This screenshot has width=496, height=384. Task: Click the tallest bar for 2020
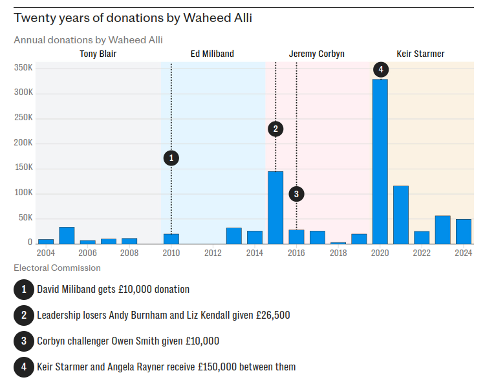(x=380, y=161)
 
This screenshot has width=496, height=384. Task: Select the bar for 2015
(x=275, y=207)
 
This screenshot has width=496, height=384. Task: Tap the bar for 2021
(x=401, y=214)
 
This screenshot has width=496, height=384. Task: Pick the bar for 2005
(x=67, y=235)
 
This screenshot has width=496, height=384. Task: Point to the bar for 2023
(x=442, y=229)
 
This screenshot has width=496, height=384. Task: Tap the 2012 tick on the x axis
(x=213, y=253)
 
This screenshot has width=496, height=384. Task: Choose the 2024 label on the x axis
(x=463, y=253)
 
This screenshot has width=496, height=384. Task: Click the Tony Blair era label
(x=98, y=54)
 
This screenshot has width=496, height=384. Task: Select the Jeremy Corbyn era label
(x=317, y=54)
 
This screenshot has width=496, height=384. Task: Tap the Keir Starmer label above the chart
(x=420, y=54)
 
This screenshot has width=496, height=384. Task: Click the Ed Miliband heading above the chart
(x=212, y=54)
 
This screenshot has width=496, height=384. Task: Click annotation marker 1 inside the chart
(x=171, y=157)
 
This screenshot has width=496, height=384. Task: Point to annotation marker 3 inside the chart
(x=296, y=193)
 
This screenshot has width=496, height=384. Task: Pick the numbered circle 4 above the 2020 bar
(x=380, y=69)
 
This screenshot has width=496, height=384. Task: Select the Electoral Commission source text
(x=57, y=268)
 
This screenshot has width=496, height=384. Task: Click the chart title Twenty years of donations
(x=133, y=17)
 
